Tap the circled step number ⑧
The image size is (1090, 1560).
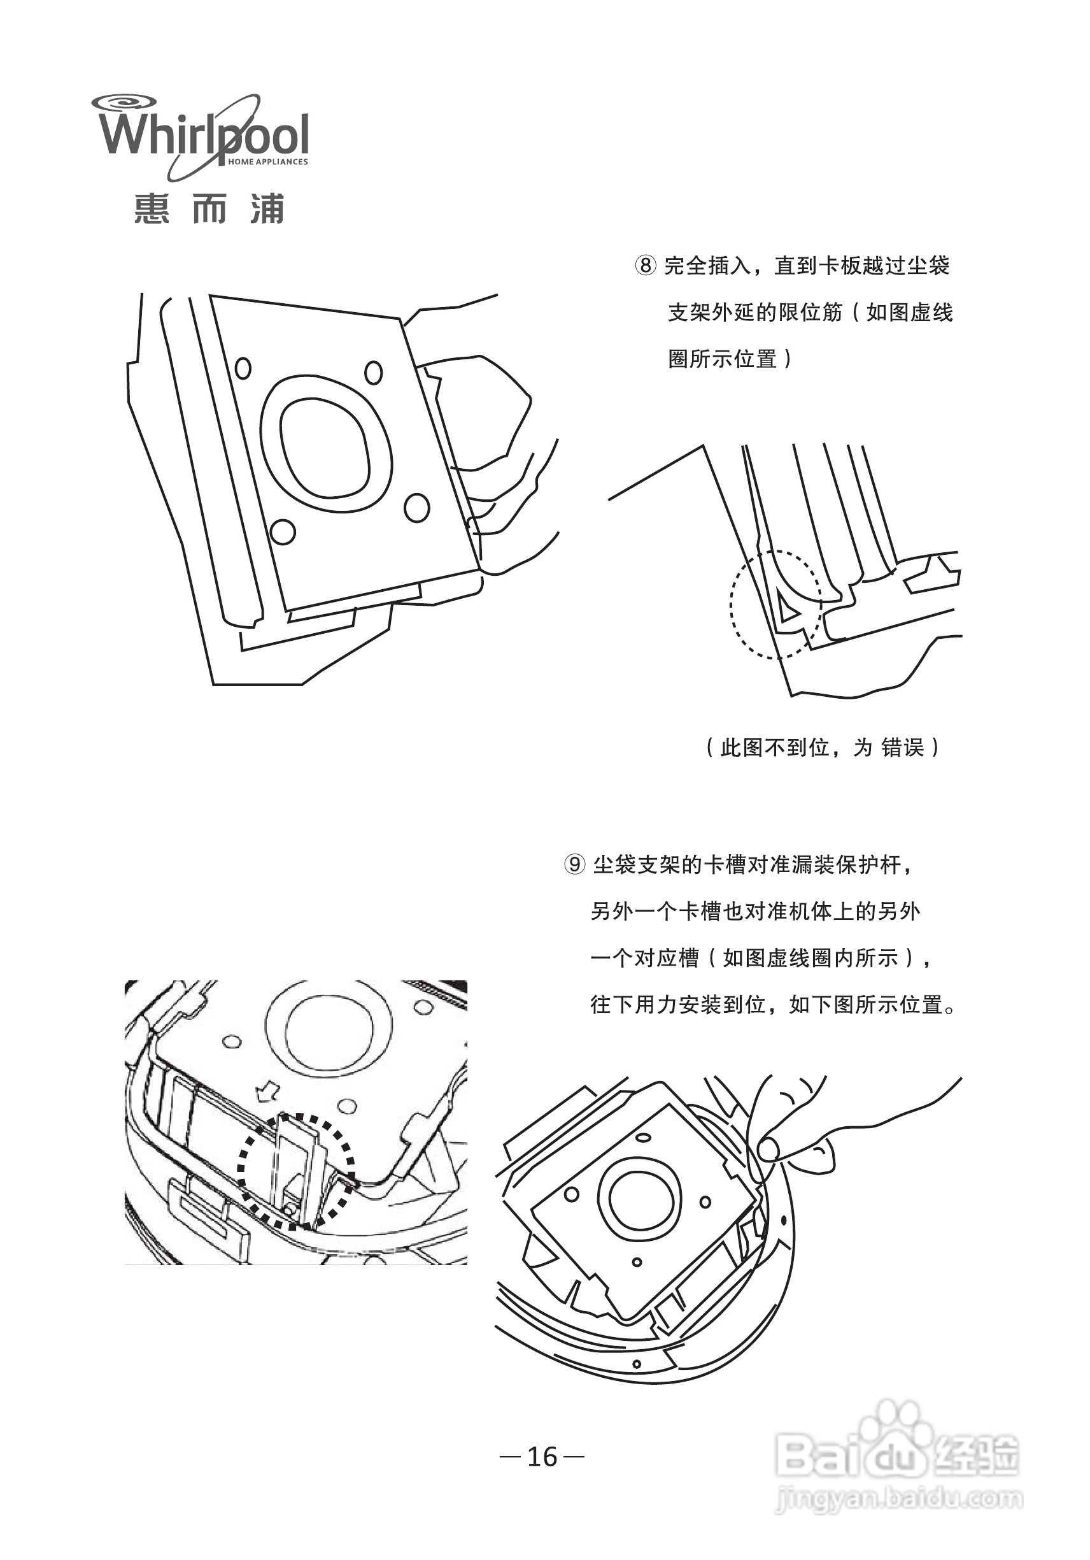(645, 266)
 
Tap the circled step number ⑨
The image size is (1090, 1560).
(574, 865)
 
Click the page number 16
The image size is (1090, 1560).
(542, 1456)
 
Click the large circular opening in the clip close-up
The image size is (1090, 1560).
(329, 1030)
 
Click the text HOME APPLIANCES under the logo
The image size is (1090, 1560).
(267, 162)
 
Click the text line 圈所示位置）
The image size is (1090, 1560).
(730, 359)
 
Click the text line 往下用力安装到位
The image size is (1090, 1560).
(774, 1004)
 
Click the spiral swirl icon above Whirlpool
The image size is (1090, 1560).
(124, 103)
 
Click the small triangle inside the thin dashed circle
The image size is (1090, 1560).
(788, 607)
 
